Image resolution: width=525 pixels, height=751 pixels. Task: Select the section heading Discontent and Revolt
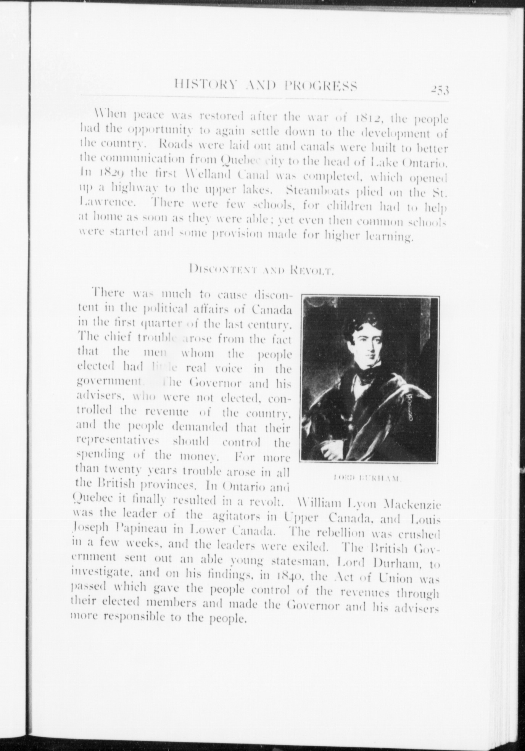pyautogui.click(x=262, y=271)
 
